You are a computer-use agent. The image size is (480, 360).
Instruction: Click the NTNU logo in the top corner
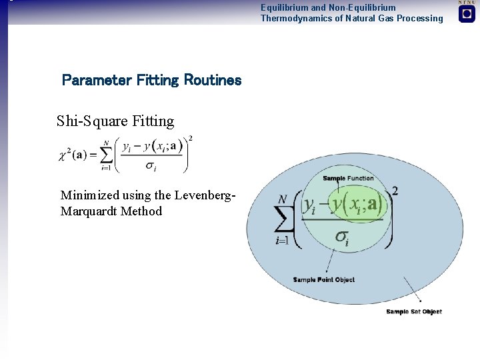[467, 13]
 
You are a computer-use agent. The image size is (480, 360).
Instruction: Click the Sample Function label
[348, 179]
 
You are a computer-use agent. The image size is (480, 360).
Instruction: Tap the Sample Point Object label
[324, 279]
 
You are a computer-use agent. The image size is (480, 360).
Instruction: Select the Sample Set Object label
[414, 311]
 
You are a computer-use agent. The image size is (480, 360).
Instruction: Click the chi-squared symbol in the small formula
[67, 155]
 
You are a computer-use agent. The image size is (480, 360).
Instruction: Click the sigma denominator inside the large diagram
[342, 237]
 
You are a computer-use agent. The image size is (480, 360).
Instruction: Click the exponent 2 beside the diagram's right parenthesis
[395, 191]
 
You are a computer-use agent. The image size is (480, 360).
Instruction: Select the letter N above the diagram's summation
[283, 199]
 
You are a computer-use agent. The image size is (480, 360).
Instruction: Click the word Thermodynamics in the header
[292, 19]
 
